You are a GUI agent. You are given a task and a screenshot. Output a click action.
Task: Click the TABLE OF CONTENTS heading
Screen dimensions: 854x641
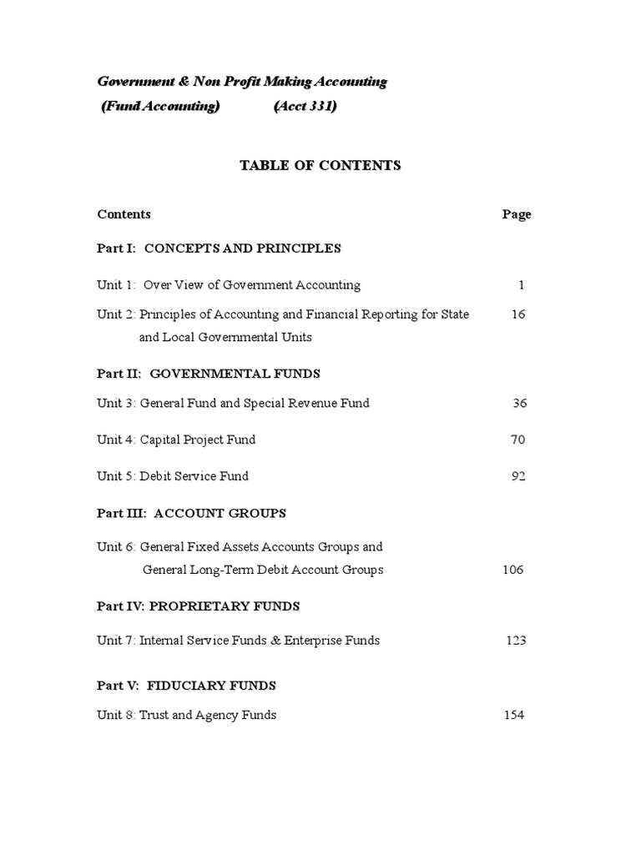click(x=320, y=165)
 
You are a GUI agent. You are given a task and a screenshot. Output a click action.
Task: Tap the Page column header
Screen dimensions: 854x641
click(x=517, y=214)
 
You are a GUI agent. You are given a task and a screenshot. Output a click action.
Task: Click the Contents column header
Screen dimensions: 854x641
click(x=124, y=214)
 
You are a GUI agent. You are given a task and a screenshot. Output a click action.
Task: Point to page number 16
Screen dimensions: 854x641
click(x=518, y=314)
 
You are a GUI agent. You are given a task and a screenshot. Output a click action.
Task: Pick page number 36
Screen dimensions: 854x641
click(x=520, y=403)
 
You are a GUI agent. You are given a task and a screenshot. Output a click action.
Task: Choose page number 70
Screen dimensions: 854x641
click(x=517, y=440)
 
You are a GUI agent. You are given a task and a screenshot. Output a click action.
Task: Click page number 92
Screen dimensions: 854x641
click(x=517, y=476)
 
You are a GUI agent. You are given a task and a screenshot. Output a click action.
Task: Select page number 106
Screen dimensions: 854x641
click(x=512, y=570)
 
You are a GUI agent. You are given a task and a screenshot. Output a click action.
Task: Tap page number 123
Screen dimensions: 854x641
click(x=516, y=640)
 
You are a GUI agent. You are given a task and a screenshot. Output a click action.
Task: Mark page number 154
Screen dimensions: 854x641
click(x=513, y=715)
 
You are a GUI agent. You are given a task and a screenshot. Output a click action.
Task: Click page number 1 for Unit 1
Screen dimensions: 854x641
click(x=522, y=285)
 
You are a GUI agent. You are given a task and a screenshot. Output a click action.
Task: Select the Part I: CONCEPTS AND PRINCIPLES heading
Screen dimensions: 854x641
click(x=219, y=248)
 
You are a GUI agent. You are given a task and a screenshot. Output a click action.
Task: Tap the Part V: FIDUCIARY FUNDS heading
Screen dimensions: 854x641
click(x=187, y=686)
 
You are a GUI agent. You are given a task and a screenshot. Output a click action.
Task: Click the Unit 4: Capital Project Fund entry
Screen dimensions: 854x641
click(x=176, y=440)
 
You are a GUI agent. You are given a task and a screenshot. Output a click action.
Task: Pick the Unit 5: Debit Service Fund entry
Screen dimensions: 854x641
click(x=173, y=476)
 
